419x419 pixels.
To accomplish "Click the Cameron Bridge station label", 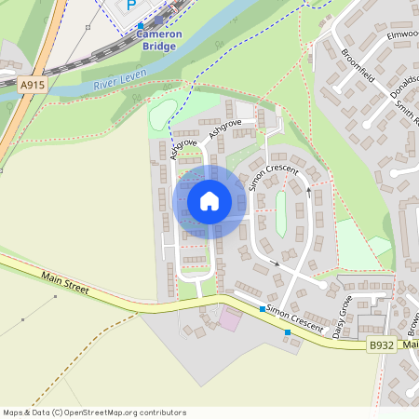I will point(159,39).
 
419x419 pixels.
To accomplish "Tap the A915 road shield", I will point(32,85).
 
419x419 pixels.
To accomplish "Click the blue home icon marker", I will point(209,201).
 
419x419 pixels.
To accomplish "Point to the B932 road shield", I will point(380,345).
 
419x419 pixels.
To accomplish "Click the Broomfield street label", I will point(357,65).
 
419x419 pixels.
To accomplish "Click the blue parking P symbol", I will point(131,6).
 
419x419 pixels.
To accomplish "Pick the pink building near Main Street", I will point(229,320).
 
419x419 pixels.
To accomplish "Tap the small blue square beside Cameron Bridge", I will point(141,25).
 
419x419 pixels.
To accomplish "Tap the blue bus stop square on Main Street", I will point(288,332).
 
